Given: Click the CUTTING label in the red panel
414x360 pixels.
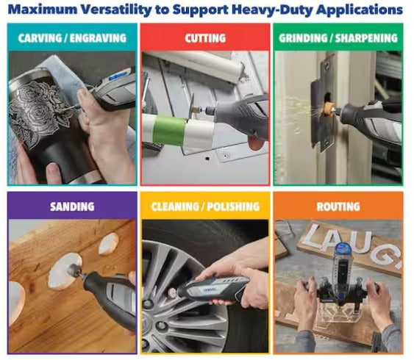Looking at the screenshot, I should click(205, 37).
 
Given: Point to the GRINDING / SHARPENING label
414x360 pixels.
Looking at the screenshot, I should click(338, 37).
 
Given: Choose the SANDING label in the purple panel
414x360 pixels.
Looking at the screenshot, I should click(71, 206).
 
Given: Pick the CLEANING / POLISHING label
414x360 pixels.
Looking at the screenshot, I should click(205, 206).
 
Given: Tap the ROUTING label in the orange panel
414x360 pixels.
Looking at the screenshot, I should click(338, 206).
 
